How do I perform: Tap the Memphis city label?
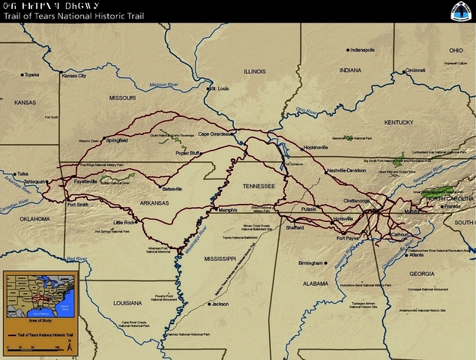tap(227, 210)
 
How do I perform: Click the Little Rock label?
tap(124, 223)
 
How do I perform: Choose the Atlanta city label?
tap(415, 255)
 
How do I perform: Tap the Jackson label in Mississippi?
tap(220, 304)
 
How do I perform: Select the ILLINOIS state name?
tap(254, 71)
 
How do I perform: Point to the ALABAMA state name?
tap(313, 284)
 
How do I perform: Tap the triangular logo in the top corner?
tap(460, 11)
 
